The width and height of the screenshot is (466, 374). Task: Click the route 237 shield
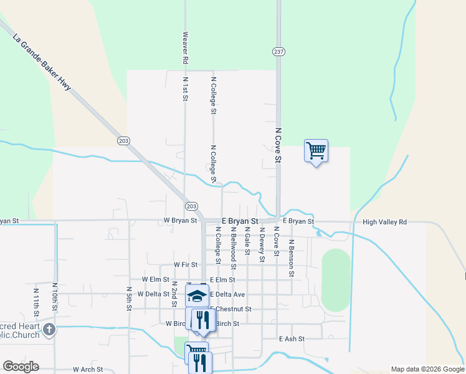pos(278,52)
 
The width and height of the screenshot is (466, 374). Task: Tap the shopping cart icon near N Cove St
pos(316,150)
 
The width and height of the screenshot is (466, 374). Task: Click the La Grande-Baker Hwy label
pos(42,63)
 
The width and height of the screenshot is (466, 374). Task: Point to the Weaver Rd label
pos(185,49)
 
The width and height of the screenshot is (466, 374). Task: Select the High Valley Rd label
pos(384,222)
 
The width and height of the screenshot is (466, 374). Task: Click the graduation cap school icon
pos(197,295)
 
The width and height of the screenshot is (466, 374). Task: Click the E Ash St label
pos(292,338)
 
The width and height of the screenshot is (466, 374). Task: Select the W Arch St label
pos(87,370)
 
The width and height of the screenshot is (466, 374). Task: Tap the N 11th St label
pos(36,300)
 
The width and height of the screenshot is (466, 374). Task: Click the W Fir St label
pos(186,265)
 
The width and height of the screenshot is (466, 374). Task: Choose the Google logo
pos(21,367)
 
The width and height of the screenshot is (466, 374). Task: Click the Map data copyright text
pos(427,369)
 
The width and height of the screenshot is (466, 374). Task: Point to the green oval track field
pos(336,280)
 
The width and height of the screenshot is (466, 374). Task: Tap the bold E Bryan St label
pos(239,221)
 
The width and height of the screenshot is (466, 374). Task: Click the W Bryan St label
pos(180,221)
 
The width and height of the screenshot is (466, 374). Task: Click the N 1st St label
pos(185,89)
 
